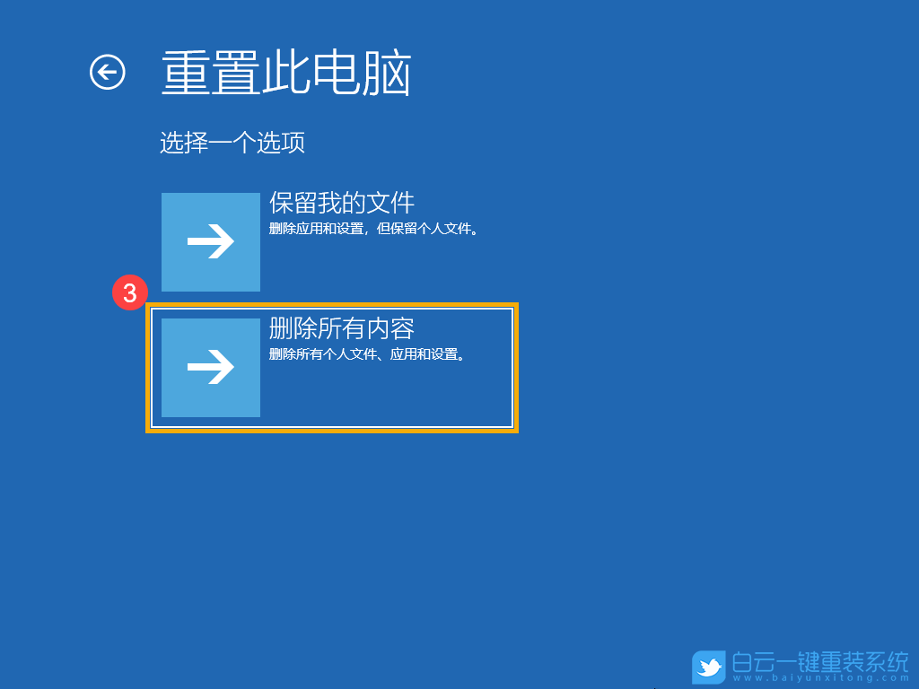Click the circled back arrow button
(x=108, y=73)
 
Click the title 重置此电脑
(x=286, y=74)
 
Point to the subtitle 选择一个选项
(x=232, y=143)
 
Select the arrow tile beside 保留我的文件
(x=211, y=242)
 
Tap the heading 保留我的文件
(x=342, y=203)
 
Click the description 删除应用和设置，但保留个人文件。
(x=374, y=229)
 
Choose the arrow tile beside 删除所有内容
(x=211, y=368)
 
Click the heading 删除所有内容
(x=342, y=328)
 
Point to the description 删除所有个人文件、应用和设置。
(x=368, y=354)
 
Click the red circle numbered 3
(x=130, y=293)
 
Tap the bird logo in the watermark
(x=709, y=667)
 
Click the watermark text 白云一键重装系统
(x=821, y=662)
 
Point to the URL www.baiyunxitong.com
(x=821, y=680)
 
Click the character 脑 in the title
(x=388, y=74)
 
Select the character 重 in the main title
(x=186, y=74)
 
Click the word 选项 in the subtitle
(x=281, y=143)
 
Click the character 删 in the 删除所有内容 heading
(x=281, y=328)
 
